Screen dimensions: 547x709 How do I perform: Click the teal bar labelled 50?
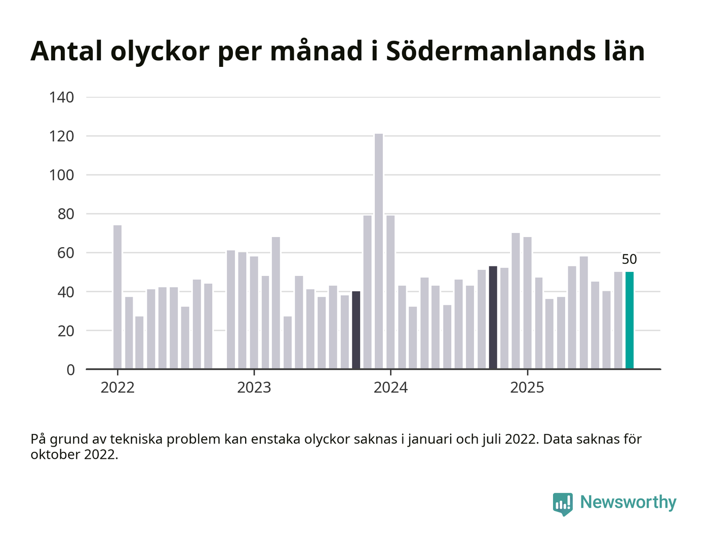tap(629, 321)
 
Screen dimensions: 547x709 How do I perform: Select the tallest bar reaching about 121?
tap(379, 252)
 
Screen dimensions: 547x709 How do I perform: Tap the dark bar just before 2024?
tap(356, 330)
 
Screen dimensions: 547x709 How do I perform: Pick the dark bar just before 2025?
tap(493, 318)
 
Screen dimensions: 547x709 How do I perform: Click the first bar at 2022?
tap(117, 297)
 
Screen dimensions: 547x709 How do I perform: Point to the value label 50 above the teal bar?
tap(629, 259)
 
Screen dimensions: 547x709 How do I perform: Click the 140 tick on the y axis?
tap(62, 97)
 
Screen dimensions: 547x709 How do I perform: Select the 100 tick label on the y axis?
tap(62, 175)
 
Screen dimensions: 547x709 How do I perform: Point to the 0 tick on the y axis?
tap(70, 370)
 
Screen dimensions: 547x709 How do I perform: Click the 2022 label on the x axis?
tap(117, 388)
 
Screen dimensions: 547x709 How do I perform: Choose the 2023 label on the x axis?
tap(254, 388)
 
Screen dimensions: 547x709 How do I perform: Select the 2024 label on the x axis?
tap(390, 388)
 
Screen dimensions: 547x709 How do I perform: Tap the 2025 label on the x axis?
tap(527, 388)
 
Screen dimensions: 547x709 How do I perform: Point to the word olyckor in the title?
tap(160, 52)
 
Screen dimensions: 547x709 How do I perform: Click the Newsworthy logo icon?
tap(563, 503)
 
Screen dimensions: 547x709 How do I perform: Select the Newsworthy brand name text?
tap(628, 502)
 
